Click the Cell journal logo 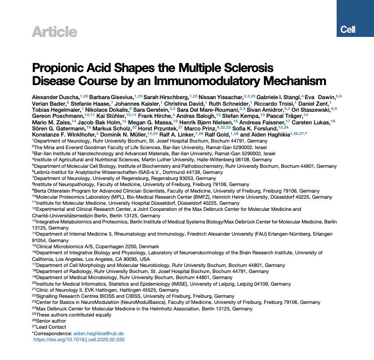pyautogui.click(x=348, y=29)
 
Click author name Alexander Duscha pyautogui.click(x=56, y=97)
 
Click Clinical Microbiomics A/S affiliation pyautogui.click(x=64, y=246)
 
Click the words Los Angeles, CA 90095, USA pyautogui.click(x=106, y=259)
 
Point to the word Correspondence pyautogui.click(x=53, y=333)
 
